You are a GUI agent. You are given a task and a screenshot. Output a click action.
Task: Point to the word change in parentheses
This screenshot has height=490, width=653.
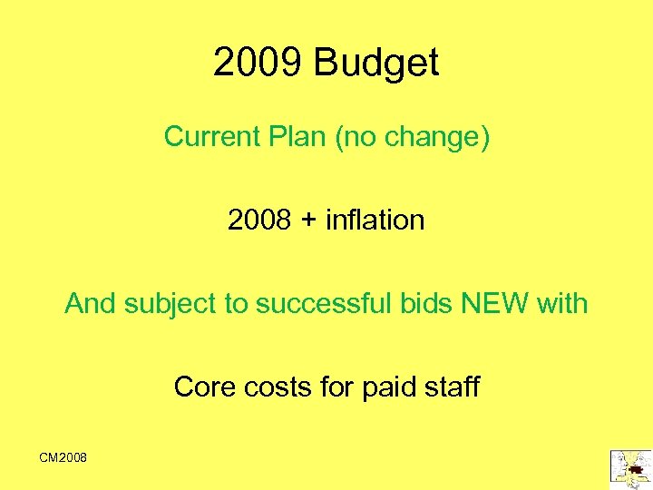[436, 137]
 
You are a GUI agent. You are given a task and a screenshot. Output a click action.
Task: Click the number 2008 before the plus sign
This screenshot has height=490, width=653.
[258, 220]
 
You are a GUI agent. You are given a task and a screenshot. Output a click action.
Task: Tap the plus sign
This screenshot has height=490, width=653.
[311, 220]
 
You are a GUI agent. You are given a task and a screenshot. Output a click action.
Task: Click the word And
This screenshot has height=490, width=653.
[90, 303]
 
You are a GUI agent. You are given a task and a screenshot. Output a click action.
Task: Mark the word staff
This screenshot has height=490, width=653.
[452, 387]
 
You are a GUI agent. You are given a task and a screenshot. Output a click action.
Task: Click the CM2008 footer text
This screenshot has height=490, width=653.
[63, 458]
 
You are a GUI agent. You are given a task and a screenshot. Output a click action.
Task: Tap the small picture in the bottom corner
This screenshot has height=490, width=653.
[630, 465]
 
